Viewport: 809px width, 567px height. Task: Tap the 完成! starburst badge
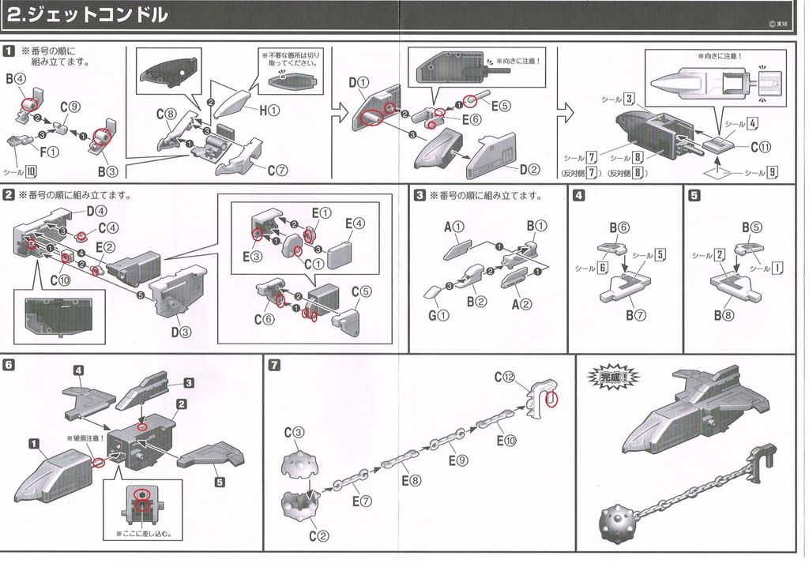[611, 378]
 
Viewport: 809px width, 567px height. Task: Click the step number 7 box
[273, 365]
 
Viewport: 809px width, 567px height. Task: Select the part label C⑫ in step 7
[504, 377]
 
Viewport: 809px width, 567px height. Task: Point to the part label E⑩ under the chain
[507, 441]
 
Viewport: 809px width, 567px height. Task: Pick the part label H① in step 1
[268, 111]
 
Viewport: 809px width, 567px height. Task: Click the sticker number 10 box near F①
[31, 171]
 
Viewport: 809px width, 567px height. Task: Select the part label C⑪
[761, 146]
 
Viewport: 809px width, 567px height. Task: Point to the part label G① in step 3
[438, 316]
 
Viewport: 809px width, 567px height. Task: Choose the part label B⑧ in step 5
[724, 315]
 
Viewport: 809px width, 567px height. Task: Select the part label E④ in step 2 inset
[354, 223]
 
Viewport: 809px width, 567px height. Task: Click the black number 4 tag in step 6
[79, 370]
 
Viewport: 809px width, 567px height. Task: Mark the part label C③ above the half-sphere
[294, 432]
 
